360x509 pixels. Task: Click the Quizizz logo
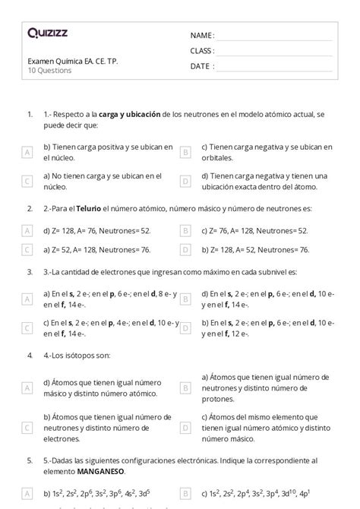coord(47,33)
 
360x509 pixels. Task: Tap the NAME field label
coord(202,36)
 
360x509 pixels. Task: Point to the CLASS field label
coord(203,51)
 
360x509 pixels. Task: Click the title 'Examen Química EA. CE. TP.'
coord(72,62)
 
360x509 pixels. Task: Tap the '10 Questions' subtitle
coord(49,71)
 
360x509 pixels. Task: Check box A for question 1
coord(27,152)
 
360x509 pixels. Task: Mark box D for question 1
coord(185,181)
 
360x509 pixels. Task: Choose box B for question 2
coord(185,230)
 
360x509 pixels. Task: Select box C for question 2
coord(27,249)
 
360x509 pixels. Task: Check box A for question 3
coord(27,299)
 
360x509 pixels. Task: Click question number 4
coord(28,354)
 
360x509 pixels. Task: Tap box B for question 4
coord(185,387)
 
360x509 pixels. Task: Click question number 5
coord(28,460)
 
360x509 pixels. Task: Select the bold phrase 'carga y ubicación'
coord(129,114)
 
